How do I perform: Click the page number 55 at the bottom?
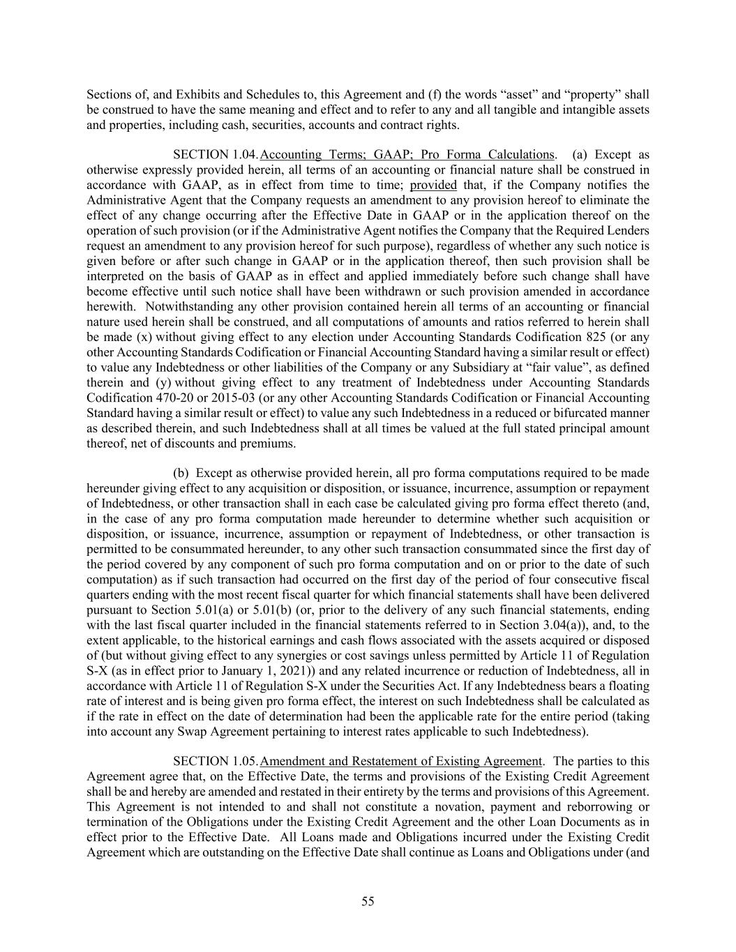point(368,901)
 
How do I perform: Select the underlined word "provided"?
point(433,185)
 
